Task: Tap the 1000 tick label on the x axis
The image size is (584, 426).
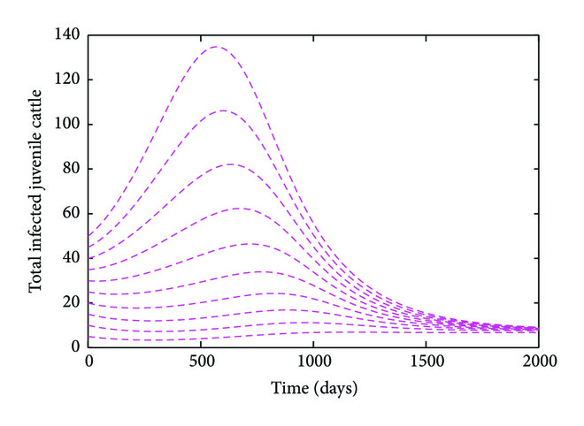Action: click(x=313, y=362)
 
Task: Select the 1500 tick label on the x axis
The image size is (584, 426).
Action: click(x=426, y=362)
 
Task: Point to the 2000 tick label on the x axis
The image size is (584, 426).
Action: click(x=537, y=362)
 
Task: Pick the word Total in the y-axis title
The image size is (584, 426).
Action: click(x=36, y=278)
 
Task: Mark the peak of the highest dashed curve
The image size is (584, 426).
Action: click(x=216, y=47)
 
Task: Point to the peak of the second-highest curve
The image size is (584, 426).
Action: click(x=222, y=110)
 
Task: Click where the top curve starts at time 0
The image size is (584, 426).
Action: click(x=89, y=236)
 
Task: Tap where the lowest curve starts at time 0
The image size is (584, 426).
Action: click(x=89, y=336)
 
